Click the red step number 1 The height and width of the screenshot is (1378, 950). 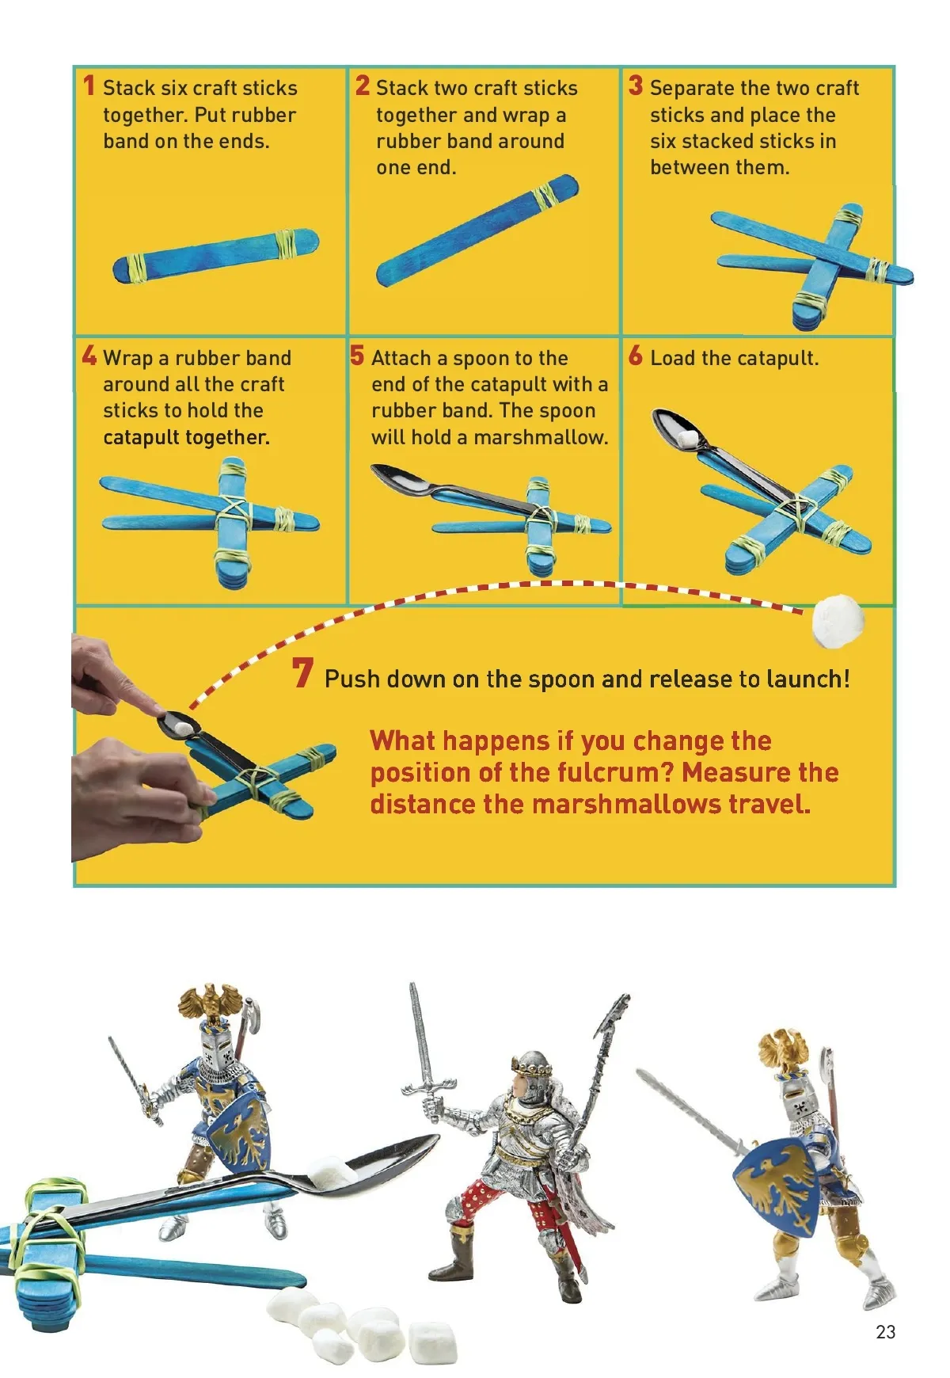point(89,86)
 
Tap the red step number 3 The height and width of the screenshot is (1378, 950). point(636,86)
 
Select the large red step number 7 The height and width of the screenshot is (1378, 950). point(302,673)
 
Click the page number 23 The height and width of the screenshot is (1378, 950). point(886,1332)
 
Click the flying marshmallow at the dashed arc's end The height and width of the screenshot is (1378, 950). point(838,622)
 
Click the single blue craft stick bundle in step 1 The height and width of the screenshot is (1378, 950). point(215,255)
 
